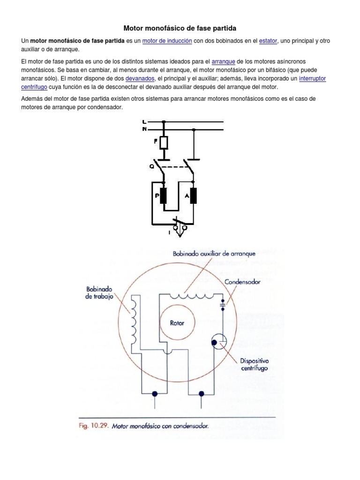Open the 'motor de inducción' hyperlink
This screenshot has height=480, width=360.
[167, 41]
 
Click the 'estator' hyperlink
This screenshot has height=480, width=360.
[268, 41]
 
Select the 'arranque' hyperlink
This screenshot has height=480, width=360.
[223, 62]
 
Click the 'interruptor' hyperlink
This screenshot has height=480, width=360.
[312, 79]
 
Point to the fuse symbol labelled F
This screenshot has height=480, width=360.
[164, 142]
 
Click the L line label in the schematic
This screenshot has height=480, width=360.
[144, 122]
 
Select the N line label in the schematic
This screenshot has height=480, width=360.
[144, 129]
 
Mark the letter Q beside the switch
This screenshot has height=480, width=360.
[152, 166]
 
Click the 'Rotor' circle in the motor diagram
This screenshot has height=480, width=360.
[177, 323]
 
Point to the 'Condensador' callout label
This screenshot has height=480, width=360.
[242, 282]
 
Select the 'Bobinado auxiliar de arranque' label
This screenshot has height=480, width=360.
[214, 254]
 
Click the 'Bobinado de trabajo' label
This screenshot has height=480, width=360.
[99, 293]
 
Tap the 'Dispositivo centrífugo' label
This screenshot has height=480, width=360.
[254, 365]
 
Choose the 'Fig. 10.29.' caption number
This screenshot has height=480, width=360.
[94, 427]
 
